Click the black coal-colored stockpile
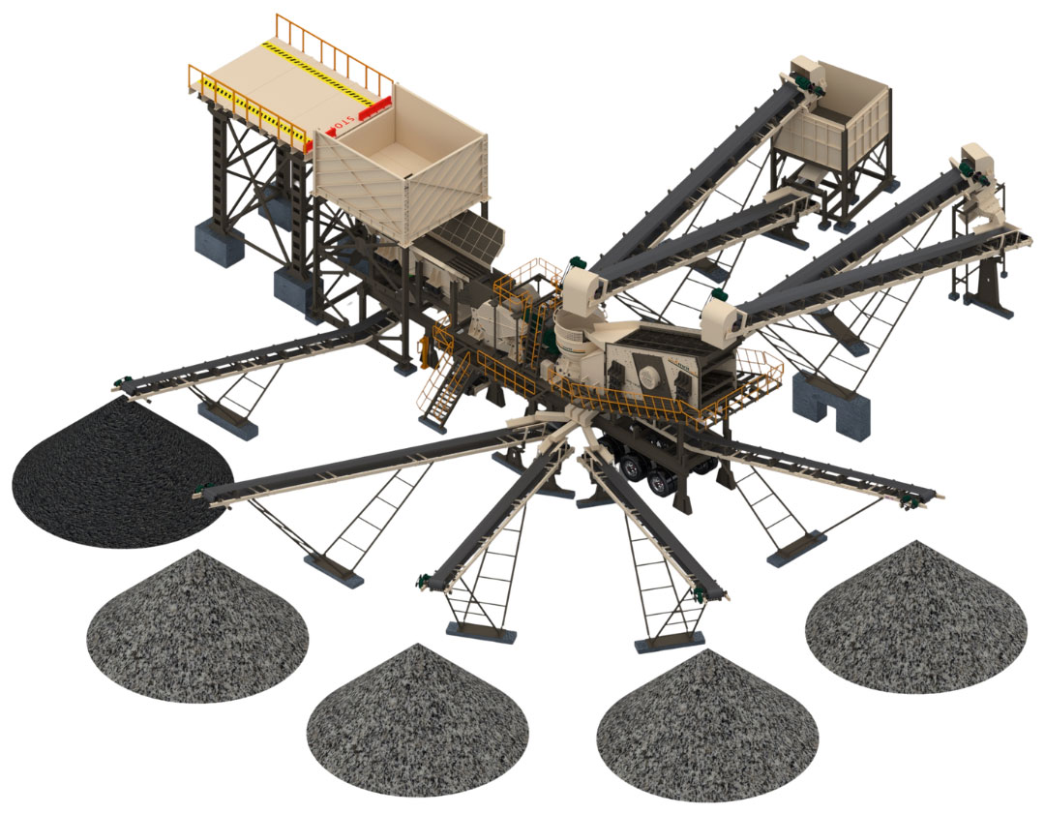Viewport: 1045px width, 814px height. [x=116, y=474]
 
